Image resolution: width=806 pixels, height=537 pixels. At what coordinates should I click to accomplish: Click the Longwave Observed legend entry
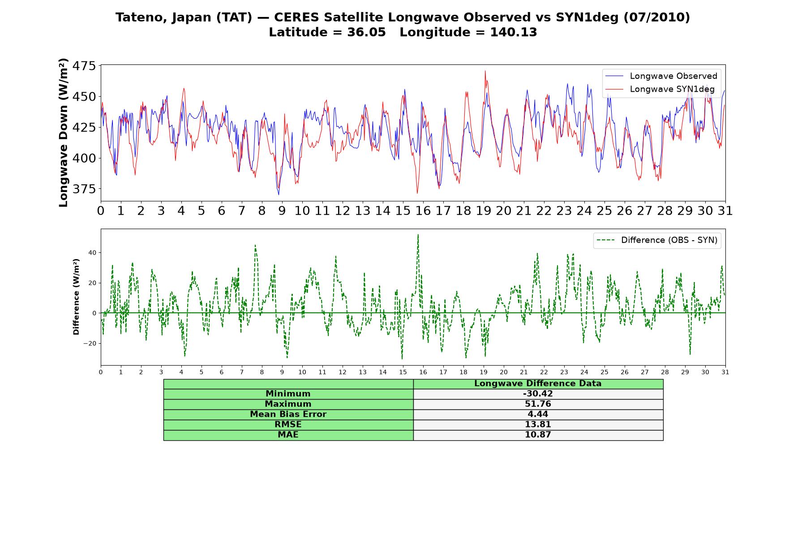(x=661, y=76)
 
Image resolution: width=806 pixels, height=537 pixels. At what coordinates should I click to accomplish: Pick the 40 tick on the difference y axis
(x=92, y=253)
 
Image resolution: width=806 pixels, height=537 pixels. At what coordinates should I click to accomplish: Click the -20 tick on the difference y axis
(x=90, y=344)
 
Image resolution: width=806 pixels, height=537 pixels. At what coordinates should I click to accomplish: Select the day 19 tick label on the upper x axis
(x=484, y=211)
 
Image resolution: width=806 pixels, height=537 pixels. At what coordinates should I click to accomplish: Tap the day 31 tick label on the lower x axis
(x=725, y=372)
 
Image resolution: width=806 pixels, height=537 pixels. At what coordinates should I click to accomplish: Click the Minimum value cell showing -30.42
(x=538, y=394)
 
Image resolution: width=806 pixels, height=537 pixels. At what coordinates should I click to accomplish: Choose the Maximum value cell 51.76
(x=538, y=404)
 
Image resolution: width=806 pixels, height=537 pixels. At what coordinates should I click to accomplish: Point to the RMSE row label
(x=288, y=425)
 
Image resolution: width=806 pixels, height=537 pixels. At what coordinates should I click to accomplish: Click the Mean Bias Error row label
(x=288, y=414)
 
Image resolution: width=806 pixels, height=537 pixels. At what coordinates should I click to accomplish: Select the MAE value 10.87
(x=538, y=435)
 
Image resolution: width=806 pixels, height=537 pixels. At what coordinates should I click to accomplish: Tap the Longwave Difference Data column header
(x=538, y=384)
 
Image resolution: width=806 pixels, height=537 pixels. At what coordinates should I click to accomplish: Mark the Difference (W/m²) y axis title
(x=76, y=297)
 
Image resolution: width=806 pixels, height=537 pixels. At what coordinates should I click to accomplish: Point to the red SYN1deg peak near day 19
(x=485, y=71)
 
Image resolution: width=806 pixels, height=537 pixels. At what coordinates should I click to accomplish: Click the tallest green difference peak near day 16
(x=418, y=234)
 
